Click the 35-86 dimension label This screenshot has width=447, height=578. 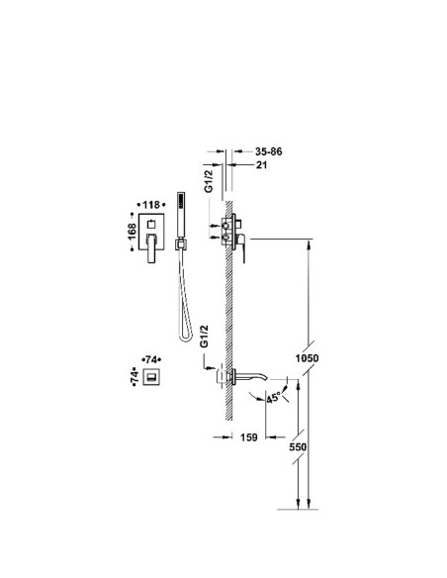click(268, 151)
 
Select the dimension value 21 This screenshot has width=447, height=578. click(261, 164)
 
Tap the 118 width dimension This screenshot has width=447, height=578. click(151, 205)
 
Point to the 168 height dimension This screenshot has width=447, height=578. click(133, 232)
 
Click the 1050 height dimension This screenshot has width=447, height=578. click(308, 358)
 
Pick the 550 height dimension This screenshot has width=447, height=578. click(298, 446)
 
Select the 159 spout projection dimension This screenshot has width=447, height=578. click(249, 437)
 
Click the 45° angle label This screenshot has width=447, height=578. click(273, 398)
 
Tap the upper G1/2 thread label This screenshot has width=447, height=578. click(209, 181)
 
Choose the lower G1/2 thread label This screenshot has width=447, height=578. click(204, 336)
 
